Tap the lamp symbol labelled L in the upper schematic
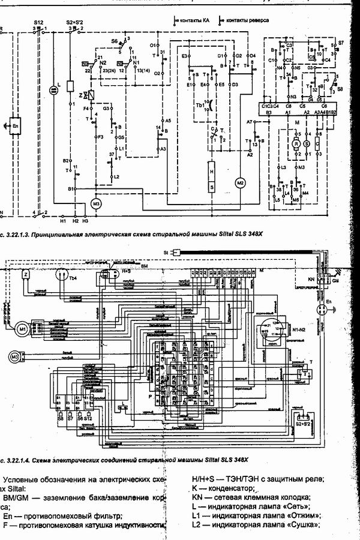pyautogui.click(x=53, y=91)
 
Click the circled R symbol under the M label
pyautogui.click(x=295, y=144)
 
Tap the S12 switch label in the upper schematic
pyautogui.click(x=38, y=22)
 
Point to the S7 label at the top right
pyautogui.click(x=341, y=43)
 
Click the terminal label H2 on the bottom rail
pyautogui.click(x=76, y=221)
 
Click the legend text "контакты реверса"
pyautogui.click(x=247, y=20)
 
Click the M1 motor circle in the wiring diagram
pyautogui.click(x=22, y=329)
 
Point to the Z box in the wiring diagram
pyautogui.click(x=26, y=274)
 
